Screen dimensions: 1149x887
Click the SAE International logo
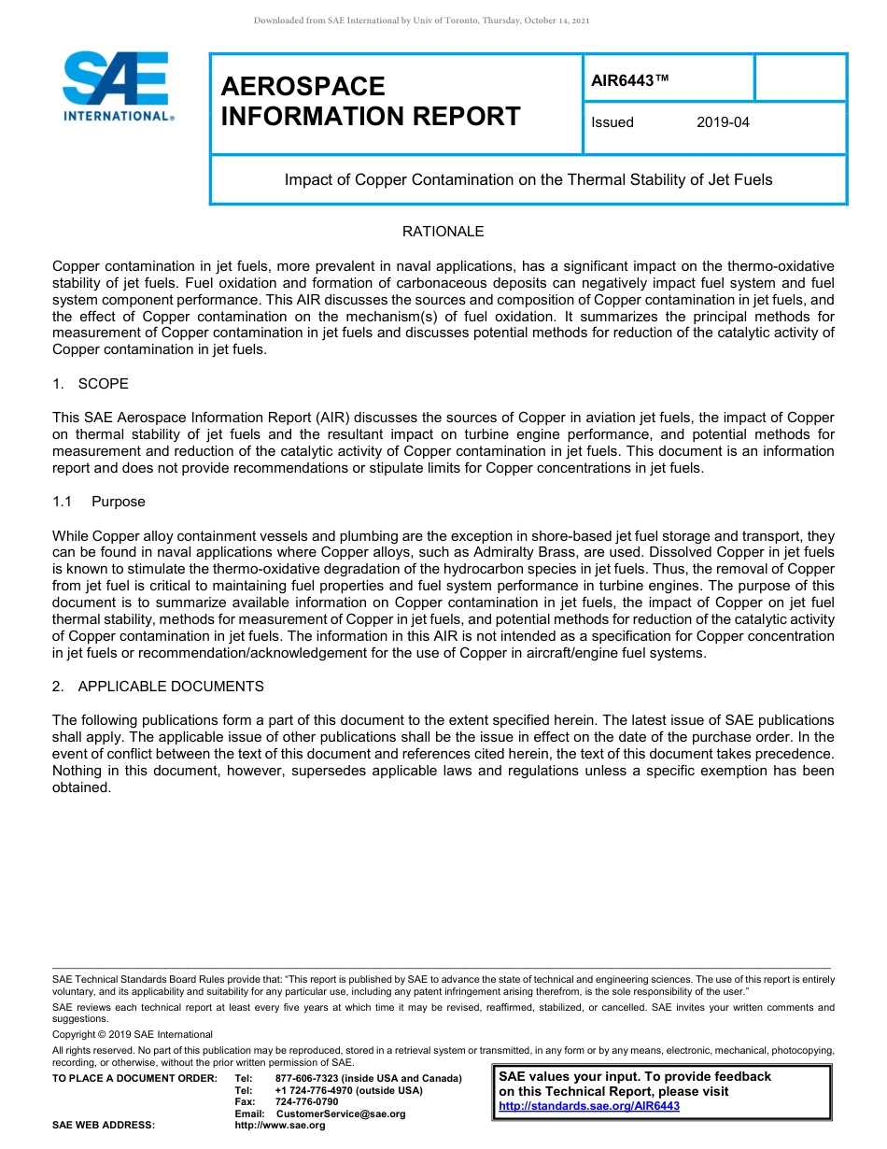click(116, 86)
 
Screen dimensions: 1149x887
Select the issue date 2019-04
click(723, 122)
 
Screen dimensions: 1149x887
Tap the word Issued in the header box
click(612, 122)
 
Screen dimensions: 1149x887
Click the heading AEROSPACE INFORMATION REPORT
click(371, 102)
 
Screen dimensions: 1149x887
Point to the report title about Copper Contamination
click(528, 179)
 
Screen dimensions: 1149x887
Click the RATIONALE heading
click(443, 232)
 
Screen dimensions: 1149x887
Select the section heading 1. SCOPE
click(91, 384)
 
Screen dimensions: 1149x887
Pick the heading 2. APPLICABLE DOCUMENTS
click(158, 687)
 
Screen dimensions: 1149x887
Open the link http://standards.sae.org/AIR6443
click(589, 1106)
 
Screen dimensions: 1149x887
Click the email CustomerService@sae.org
click(341, 1114)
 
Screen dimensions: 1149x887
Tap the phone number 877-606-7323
click(307, 1078)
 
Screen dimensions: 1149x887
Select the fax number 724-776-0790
click(306, 1101)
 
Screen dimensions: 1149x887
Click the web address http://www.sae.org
click(280, 1126)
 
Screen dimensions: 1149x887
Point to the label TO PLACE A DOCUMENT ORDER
click(134, 1078)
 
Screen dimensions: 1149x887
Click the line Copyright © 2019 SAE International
click(133, 1034)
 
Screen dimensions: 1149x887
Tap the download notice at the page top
click(421, 21)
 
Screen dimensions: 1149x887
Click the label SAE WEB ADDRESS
click(104, 1126)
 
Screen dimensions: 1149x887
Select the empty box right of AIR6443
click(799, 78)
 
